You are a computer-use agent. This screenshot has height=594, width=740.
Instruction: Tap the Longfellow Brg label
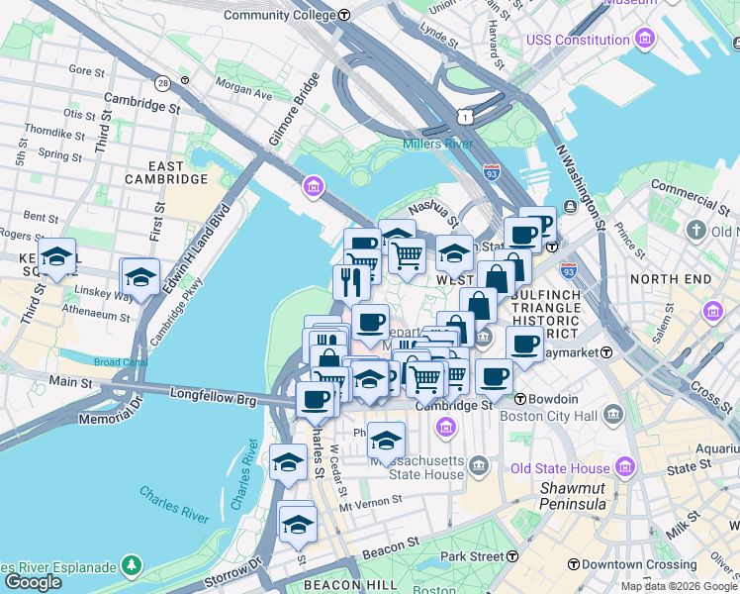(x=213, y=401)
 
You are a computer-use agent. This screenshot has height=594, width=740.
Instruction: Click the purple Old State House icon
(x=625, y=466)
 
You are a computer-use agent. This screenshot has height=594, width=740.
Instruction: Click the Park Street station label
(x=473, y=556)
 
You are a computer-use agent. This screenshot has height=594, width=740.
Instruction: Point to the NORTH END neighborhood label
(x=670, y=279)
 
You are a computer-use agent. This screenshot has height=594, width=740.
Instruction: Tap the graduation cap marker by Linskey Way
(x=140, y=277)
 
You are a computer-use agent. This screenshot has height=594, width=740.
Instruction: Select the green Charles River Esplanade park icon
(x=130, y=566)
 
